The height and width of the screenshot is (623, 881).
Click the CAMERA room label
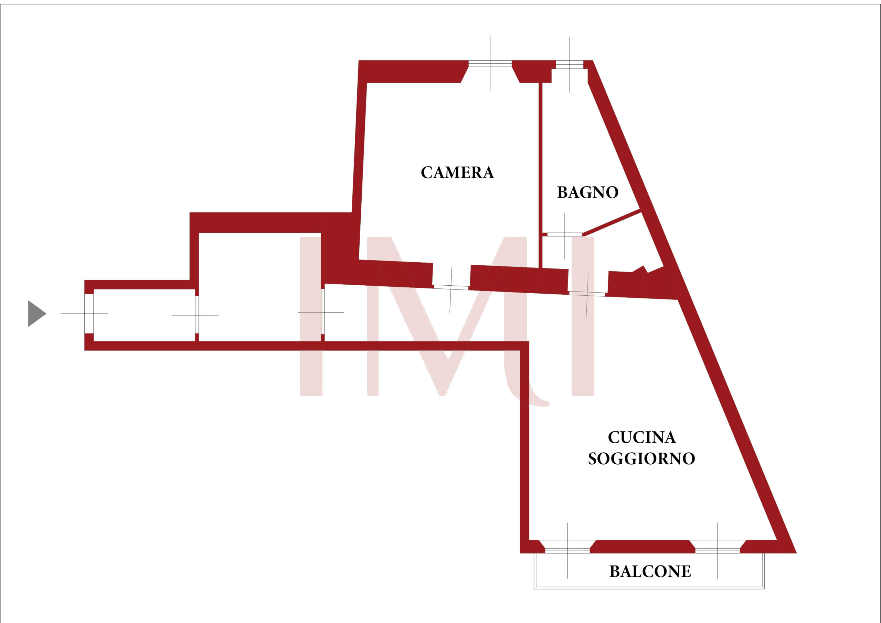pyautogui.click(x=457, y=173)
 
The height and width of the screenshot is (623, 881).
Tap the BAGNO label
pyautogui.click(x=587, y=192)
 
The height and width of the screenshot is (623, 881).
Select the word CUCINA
pyautogui.click(x=641, y=437)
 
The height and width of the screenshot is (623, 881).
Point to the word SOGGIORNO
pyautogui.click(x=641, y=459)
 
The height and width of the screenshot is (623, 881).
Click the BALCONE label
pyautogui.click(x=650, y=572)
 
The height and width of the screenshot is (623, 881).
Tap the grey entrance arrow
pyautogui.click(x=36, y=314)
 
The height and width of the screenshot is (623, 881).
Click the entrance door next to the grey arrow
pyautogui.click(x=89, y=314)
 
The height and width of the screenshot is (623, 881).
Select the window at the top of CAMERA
pyautogui.click(x=490, y=64)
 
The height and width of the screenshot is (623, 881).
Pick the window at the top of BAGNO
pyautogui.click(x=570, y=64)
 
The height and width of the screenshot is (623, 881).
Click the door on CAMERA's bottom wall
pyautogui.click(x=451, y=287)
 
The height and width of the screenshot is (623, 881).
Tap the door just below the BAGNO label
pyautogui.click(x=564, y=234)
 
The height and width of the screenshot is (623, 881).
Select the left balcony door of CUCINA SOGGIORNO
pyautogui.click(x=567, y=550)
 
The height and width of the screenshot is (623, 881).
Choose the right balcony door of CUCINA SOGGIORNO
pyautogui.click(x=718, y=550)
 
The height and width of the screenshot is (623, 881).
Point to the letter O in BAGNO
pyautogui.click(x=613, y=192)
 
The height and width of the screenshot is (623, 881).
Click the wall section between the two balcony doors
pyautogui.click(x=642, y=546)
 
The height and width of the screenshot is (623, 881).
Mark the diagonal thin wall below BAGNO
pyautogui.click(x=612, y=222)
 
